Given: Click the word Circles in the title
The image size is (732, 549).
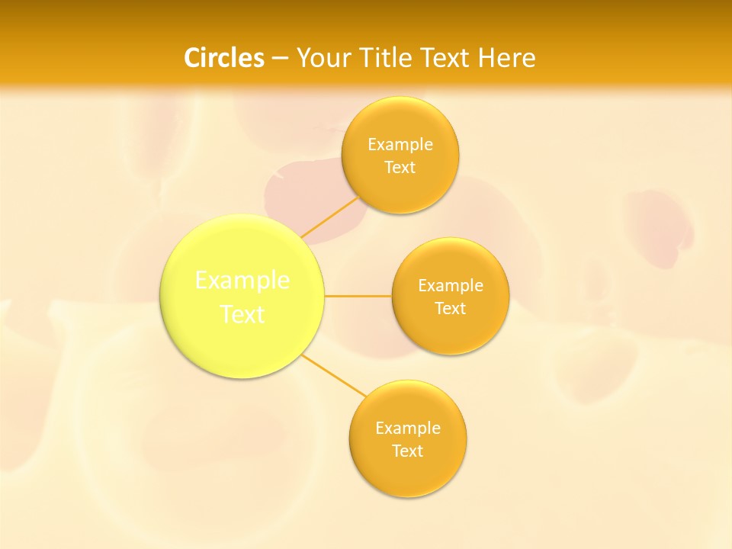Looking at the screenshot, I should (x=224, y=58).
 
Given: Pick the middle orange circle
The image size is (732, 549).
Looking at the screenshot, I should (x=451, y=332).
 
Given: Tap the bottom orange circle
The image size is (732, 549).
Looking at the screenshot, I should (x=408, y=473).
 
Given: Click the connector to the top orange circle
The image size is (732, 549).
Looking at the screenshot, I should (x=329, y=217).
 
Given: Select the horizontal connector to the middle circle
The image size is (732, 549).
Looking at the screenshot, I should (x=358, y=296).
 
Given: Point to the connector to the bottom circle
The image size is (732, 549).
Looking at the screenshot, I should (x=333, y=375).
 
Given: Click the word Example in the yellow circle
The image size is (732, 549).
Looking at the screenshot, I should (x=242, y=281).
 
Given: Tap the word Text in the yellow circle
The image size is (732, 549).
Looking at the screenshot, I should (x=242, y=314).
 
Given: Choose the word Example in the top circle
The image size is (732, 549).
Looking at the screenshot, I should (x=400, y=144).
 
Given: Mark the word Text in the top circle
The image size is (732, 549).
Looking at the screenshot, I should (x=400, y=167).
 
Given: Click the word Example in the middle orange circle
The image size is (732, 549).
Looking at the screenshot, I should (x=451, y=285).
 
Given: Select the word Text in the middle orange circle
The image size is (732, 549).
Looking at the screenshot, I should (x=451, y=308).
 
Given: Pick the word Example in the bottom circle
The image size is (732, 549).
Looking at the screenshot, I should (x=408, y=428).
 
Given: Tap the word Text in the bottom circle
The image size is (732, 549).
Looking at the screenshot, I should (x=408, y=451).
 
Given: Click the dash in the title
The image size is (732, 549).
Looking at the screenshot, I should (x=280, y=58).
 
